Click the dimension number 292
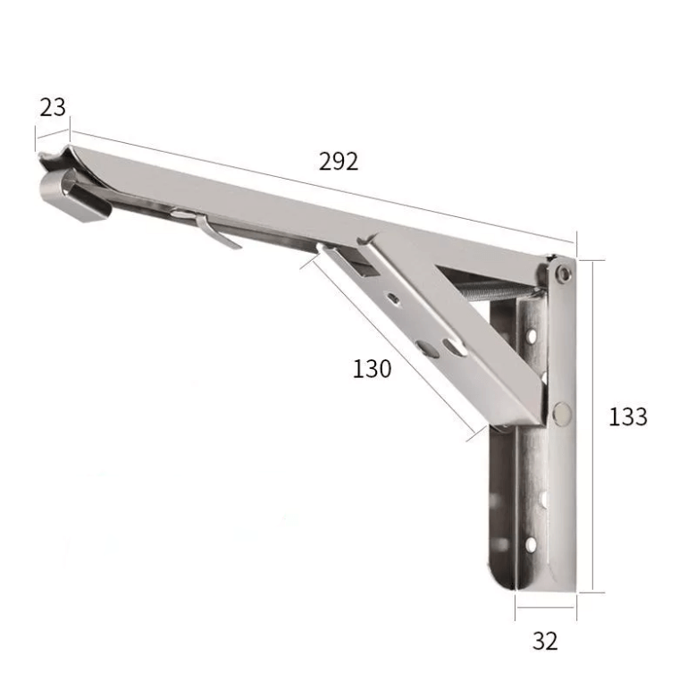[x=338, y=161]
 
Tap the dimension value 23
[x=53, y=107]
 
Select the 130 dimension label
[x=372, y=368]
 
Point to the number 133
[x=627, y=416]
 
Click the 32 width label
[x=544, y=641]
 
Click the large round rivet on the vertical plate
[x=562, y=412]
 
